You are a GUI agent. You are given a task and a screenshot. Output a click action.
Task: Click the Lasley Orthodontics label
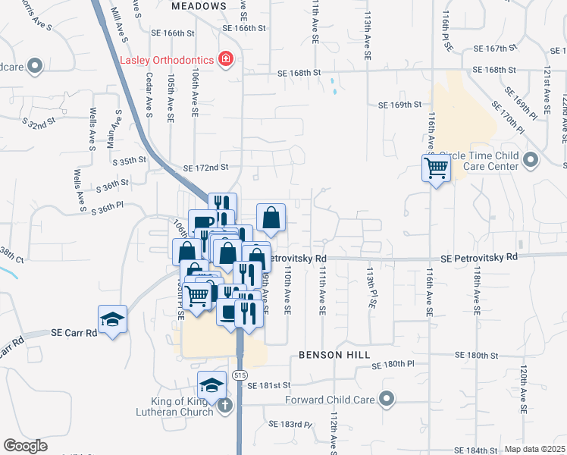[x=166, y=59]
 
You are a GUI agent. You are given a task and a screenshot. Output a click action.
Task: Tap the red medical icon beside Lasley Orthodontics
[x=224, y=58]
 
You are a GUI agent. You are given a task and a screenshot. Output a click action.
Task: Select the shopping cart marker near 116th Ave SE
[x=436, y=168]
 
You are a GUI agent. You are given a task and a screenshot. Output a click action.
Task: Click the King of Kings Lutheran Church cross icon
[x=224, y=406]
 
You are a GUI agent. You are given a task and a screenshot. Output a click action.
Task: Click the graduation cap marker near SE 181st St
[x=211, y=384]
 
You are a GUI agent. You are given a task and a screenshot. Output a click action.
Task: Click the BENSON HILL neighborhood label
[x=334, y=354]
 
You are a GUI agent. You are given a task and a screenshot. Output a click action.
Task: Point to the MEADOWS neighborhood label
[x=199, y=5]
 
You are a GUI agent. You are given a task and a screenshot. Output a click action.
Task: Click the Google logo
[x=25, y=446]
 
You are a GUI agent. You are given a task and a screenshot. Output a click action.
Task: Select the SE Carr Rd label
[x=74, y=332]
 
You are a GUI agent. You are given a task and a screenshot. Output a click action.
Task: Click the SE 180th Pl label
[x=393, y=365]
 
